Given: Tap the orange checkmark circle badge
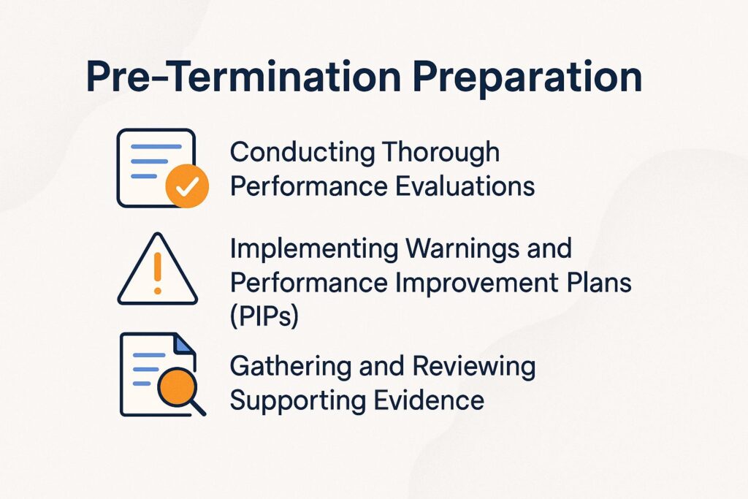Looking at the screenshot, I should pos(187,186).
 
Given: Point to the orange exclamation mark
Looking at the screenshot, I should pos(157,278).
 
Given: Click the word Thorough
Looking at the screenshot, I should pos(440,153).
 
